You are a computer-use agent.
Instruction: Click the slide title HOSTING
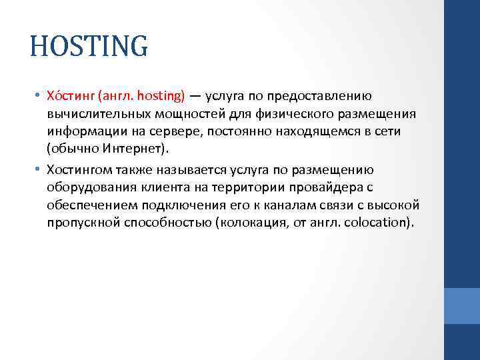(x=89, y=46)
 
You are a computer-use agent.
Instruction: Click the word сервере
(x=173, y=131)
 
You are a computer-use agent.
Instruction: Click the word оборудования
(x=90, y=187)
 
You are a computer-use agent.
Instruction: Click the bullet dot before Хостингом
(x=39, y=170)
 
